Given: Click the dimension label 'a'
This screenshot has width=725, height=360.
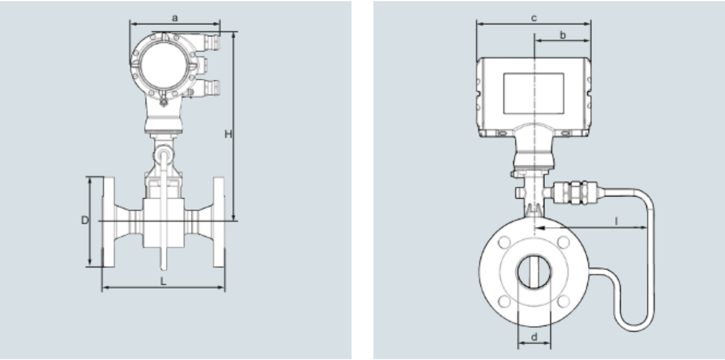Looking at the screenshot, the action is pos(175,18).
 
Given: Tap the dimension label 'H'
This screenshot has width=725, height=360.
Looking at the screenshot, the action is pos(228,134).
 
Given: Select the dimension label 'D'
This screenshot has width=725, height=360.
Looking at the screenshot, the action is pos(84,220).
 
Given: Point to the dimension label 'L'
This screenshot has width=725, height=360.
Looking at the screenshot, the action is pos(164,281).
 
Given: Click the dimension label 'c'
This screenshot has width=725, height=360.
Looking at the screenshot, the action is pos(534,18).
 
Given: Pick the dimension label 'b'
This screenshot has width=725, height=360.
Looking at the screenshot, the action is pos(563,35).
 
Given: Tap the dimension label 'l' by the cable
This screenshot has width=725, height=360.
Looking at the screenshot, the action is pos(617,221).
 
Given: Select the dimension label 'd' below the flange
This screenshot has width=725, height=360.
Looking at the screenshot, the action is pos(534,337).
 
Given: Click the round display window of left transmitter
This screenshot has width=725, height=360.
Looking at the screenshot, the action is pos(164,66).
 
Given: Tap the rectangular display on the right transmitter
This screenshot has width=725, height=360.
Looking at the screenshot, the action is pos(534,93).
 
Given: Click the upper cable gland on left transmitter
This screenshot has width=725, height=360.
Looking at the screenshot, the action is pos(212,42).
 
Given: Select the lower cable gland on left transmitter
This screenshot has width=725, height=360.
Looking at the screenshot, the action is pos(212,87).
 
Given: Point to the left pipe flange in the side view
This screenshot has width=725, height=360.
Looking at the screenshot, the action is pos(108,222).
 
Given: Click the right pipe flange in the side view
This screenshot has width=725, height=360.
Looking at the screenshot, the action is pos(219,222).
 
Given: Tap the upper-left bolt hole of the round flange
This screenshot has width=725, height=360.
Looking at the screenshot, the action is pos(504,242).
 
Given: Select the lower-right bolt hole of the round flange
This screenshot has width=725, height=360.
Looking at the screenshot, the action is pos(564,302).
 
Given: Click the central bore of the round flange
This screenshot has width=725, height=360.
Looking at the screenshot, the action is pos(534,272).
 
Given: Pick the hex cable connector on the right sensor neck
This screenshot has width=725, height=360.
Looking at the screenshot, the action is pos(575,193).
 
